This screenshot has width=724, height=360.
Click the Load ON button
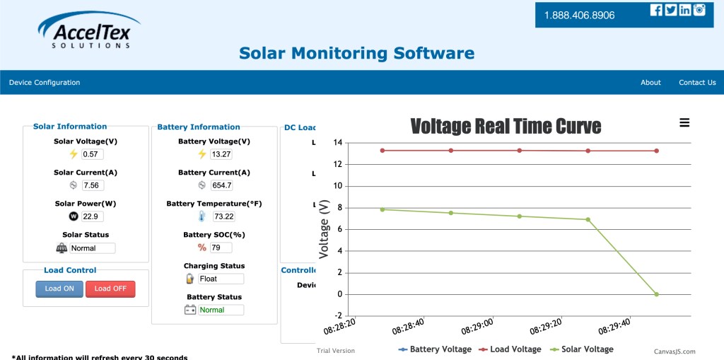[59, 289]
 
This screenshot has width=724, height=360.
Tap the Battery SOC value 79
[221, 248]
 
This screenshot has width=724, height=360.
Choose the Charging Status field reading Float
[221, 279]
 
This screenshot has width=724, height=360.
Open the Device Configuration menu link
[45, 83]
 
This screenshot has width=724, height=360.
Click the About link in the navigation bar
[650, 83]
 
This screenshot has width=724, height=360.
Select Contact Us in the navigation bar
[697, 83]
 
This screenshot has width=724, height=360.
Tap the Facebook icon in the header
[656, 10]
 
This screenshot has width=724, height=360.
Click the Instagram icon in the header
[700, 10]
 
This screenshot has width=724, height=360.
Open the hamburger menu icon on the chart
[684, 123]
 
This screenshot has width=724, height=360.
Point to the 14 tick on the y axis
[338, 143]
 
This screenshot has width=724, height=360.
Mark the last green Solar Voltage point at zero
[657, 294]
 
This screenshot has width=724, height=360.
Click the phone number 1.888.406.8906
[579, 15]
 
